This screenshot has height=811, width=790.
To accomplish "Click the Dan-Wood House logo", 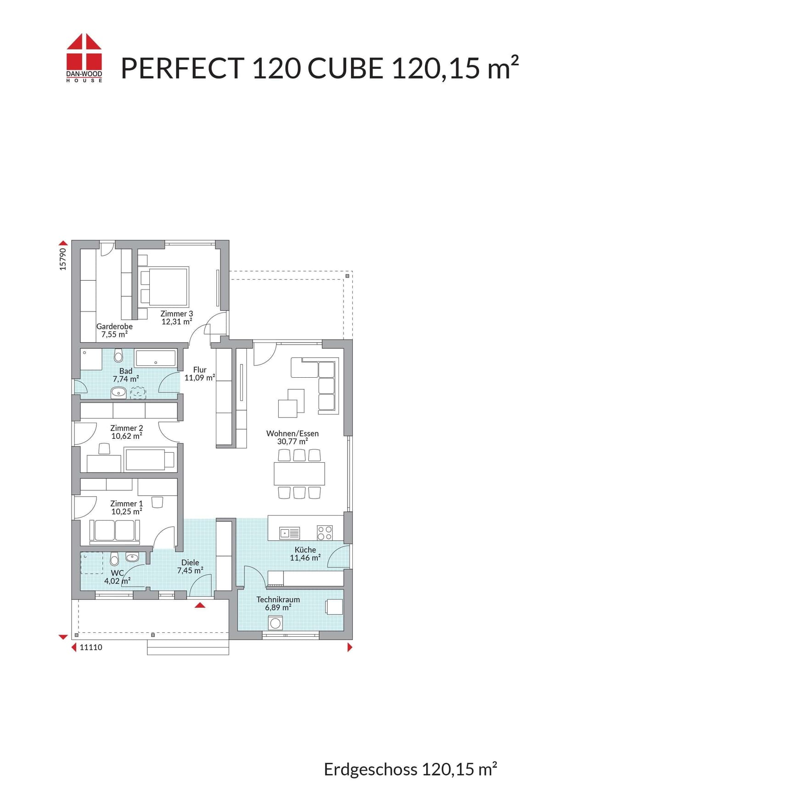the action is pyautogui.click(x=84, y=58).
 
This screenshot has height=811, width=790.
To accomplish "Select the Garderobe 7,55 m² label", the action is pyautogui.click(x=114, y=330).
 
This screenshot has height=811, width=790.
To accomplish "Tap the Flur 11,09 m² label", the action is pyautogui.click(x=200, y=374).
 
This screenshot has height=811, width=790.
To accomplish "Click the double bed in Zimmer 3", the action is pyautogui.click(x=164, y=287).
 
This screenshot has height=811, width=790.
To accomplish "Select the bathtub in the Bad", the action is pyautogui.click(x=155, y=358).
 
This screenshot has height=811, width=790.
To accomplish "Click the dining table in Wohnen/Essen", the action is pyautogui.click(x=299, y=473).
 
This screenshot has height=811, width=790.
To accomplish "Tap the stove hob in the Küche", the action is pyautogui.click(x=325, y=533).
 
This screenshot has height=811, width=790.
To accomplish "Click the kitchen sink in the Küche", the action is pyautogui.click(x=290, y=533).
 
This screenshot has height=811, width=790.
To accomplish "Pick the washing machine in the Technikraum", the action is pyautogui.click(x=275, y=623).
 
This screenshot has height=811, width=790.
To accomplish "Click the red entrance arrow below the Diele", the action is pyautogui.click(x=200, y=605).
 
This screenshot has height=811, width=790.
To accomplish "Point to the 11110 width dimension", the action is pyautogui.click(x=91, y=647).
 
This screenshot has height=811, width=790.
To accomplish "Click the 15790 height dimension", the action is pyautogui.click(x=63, y=259).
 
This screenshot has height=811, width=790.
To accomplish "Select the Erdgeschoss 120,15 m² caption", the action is pyautogui.click(x=411, y=769).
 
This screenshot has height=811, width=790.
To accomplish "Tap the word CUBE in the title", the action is pyautogui.click(x=345, y=68).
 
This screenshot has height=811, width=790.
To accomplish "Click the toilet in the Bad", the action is pyautogui.click(x=118, y=356).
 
